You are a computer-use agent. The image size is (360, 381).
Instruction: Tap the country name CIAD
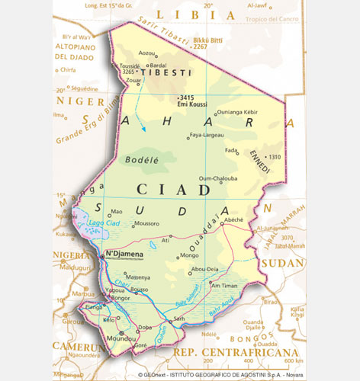pyautogui.click(x=163, y=188)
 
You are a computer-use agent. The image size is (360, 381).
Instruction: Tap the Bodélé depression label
pyautogui.click(x=139, y=162)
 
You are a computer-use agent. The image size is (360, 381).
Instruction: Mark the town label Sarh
pyautogui.click(x=180, y=318)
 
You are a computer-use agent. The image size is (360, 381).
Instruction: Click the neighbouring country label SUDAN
pyautogui.click(x=282, y=264)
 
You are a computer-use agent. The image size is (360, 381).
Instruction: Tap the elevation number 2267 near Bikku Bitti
pyautogui.click(x=200, y=46)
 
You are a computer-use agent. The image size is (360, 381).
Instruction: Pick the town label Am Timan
pyautogui.click(x=223, y=285)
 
